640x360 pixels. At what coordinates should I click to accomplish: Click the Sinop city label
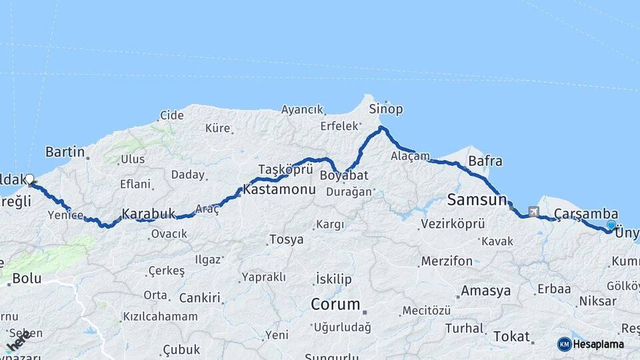pyautogui.click(x=385, y=109)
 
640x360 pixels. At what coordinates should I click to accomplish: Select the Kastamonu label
pyautogui.click(x=279, y=189)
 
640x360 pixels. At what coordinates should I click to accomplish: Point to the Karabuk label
pyautogui.click(x=148, y=214)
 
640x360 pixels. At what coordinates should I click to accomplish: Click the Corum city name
pyautogui.click(x=335, y=305)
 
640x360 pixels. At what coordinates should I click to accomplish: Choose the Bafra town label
pyautogui.click(x=485, y=161)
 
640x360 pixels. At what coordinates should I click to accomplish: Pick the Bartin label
pyautogui.click(x=65, y=152)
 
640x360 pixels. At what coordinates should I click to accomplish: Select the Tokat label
pyautogui.click(x=511, y=337)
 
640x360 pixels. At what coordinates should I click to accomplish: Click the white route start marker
pyautogui.click(x=29, y=179)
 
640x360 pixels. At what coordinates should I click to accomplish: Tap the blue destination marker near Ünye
pyautogui.click(x=611, y=226)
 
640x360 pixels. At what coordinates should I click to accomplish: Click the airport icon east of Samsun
pyautogui.click(x=533, y=212)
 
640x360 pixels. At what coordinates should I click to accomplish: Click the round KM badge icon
pyautogui.click(x=565, y=344)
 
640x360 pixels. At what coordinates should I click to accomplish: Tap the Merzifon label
pyautogui.click(x=447, y=261)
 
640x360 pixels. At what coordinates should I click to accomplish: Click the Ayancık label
pyautogui.click(x=302, y=109)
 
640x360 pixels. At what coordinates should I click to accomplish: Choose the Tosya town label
pyautogui.click(x=286, y=239)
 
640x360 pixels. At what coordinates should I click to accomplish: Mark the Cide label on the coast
pyautogui.click(x=172, y=115)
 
